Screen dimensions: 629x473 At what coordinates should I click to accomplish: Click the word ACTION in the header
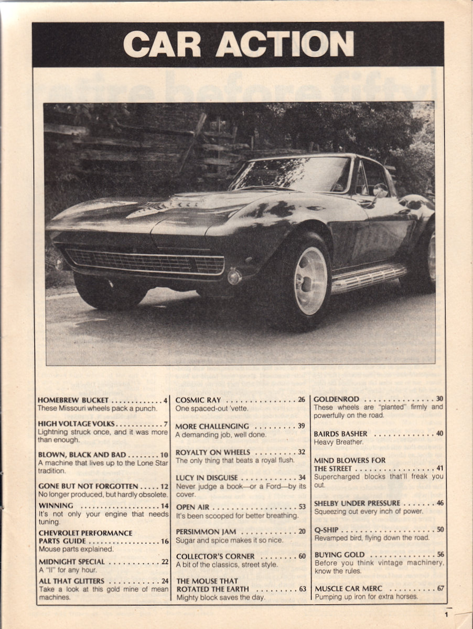[x=285, y=44]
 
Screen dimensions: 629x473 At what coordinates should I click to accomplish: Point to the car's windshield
[x=292, y=175]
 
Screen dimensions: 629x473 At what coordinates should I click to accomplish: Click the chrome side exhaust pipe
[x=369, y=277]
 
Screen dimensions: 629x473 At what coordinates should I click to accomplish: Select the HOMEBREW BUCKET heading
[x=73, y=400]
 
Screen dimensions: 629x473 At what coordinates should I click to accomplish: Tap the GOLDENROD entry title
[x=336, y=399]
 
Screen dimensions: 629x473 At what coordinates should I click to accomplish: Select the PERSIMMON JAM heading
[x=206, y=532]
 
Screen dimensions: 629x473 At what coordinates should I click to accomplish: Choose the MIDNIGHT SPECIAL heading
[x=71, y=562]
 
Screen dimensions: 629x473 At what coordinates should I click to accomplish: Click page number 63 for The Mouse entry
[x=302, y=589]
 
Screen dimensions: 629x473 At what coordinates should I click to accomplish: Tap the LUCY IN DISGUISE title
[x=207, y=478]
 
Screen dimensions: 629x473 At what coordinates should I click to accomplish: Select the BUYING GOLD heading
[x=339, y=555]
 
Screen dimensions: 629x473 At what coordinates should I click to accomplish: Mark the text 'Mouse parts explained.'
[x=75, y=549]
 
